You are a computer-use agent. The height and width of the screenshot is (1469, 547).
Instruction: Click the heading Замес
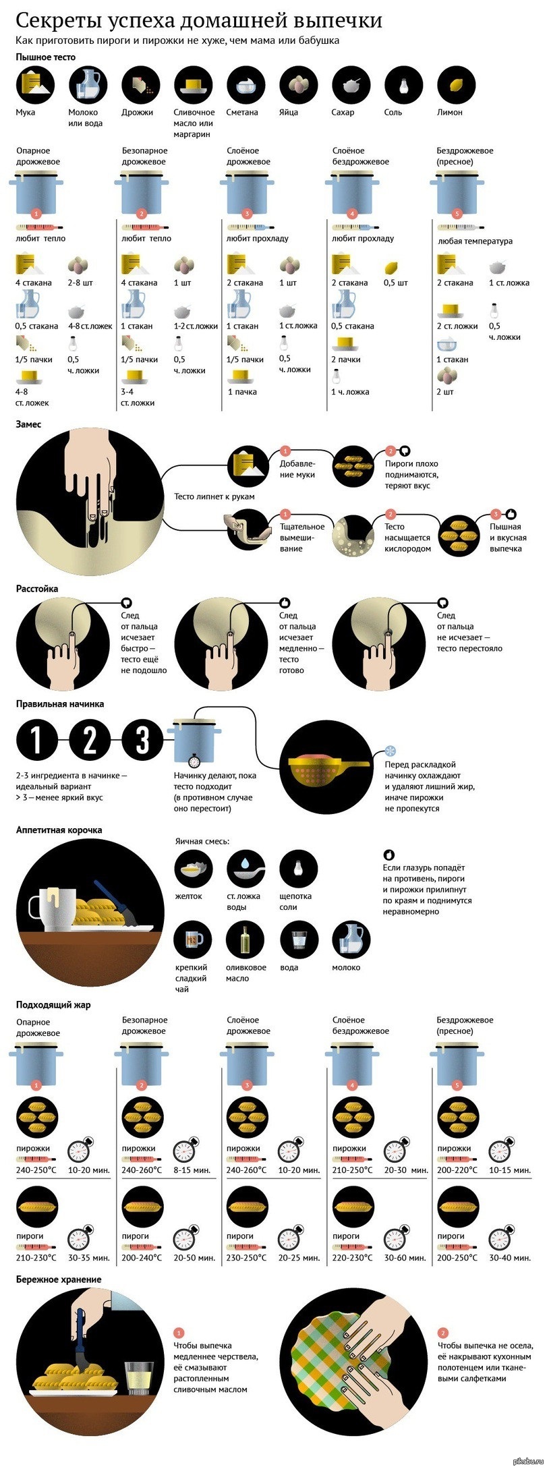click(28, 424)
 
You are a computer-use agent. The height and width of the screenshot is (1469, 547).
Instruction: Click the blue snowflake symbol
click(391, 750)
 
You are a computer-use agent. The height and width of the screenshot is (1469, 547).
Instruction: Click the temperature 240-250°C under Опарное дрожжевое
click(36, 1170)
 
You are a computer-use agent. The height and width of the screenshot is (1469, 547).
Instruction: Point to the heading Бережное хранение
click(59, 1279)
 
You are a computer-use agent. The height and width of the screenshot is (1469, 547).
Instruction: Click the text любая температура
click(475, 241)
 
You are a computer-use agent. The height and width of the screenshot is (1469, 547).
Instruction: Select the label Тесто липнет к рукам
click(214, 496)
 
